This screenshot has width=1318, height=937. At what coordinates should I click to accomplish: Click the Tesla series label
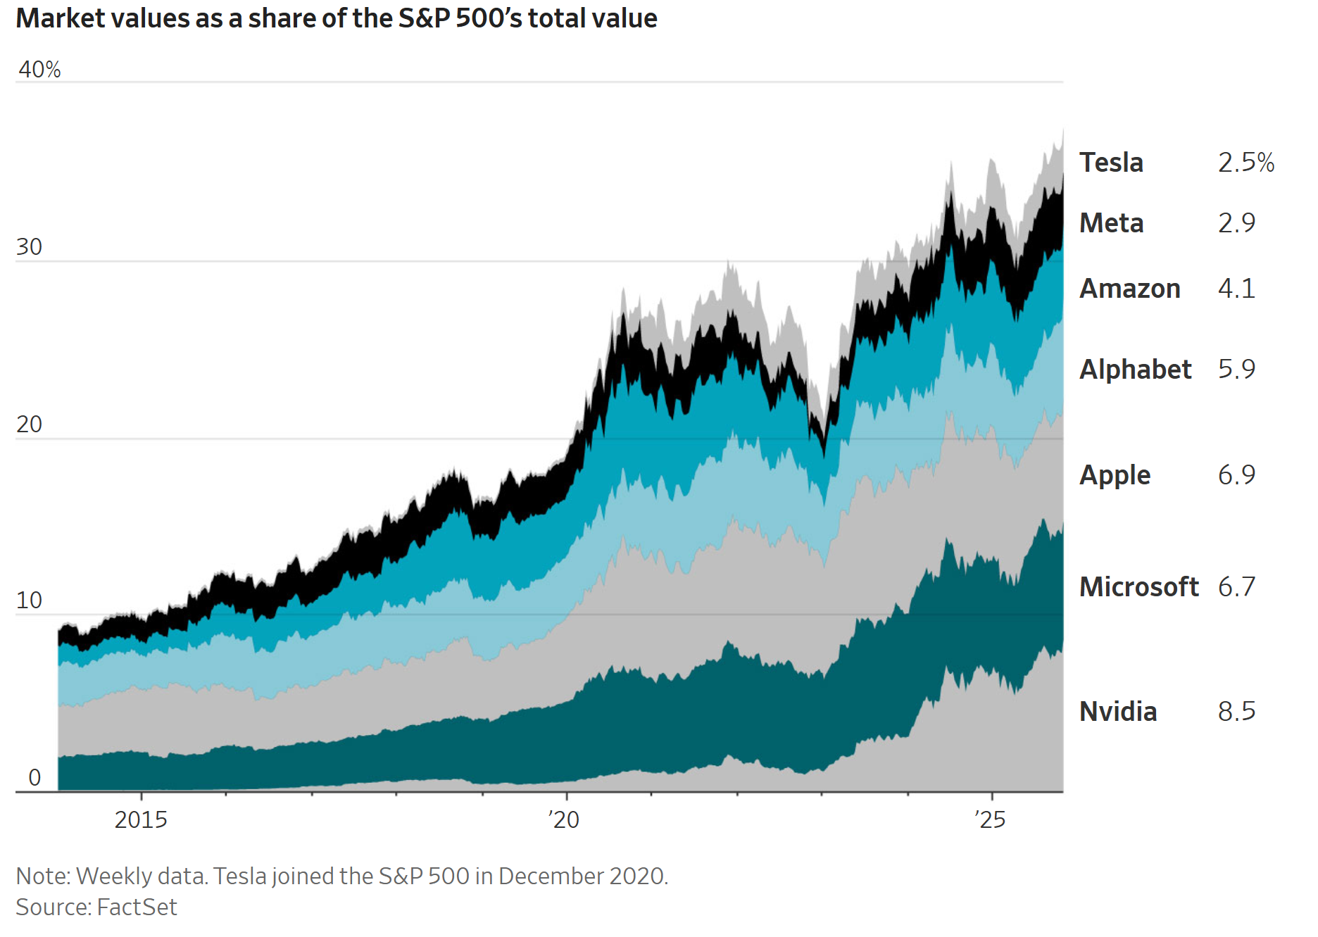click(1111, 163)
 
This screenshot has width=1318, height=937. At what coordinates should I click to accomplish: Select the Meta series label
click(1111, 223)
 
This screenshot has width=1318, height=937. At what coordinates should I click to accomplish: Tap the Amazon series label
click(1129, 289)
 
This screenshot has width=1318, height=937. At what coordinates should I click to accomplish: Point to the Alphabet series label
click(1135, 370)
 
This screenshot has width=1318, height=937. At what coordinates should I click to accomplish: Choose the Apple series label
click(1115, 475)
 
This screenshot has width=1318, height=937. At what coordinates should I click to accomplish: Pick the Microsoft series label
click(1138, 587)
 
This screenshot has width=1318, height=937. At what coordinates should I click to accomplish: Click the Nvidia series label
click(1118, 712)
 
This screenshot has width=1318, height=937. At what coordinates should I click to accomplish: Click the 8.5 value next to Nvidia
click(1236, 712)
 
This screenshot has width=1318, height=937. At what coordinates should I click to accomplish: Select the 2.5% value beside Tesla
click(1245, 163)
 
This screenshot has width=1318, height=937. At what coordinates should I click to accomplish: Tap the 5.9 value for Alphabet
click(1236, 370)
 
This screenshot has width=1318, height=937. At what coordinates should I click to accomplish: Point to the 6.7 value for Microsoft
click(1236, 587)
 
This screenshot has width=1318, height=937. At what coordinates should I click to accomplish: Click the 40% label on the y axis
click(39, 70)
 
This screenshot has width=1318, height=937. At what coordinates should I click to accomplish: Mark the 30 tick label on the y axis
click(29, 247)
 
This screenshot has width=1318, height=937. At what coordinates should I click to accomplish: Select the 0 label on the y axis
click(34, 778)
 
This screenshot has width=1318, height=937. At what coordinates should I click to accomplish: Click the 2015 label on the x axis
click(141, 820)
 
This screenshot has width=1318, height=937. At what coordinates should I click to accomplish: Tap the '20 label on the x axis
click(563, 820)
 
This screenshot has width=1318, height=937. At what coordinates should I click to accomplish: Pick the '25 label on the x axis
click(990, 820)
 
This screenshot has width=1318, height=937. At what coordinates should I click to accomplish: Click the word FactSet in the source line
click(137, 907)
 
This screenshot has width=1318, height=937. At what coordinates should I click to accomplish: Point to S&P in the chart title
click(424, 18)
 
